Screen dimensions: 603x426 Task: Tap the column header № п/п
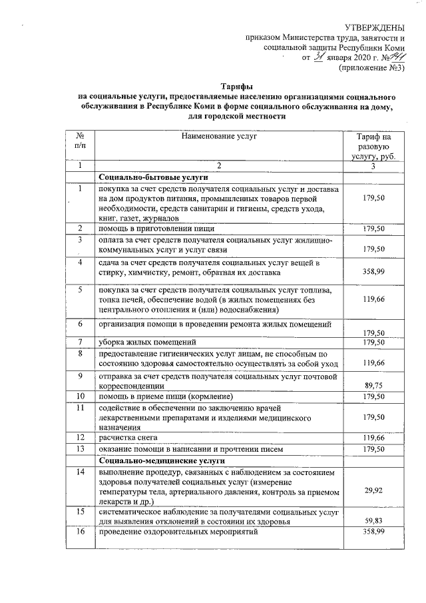[x=80, y=141]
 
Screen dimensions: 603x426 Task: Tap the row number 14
[x=80, y=472]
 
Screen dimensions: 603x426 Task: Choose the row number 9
[x=80, y=376]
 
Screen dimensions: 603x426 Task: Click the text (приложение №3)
[x=371, y=68]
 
